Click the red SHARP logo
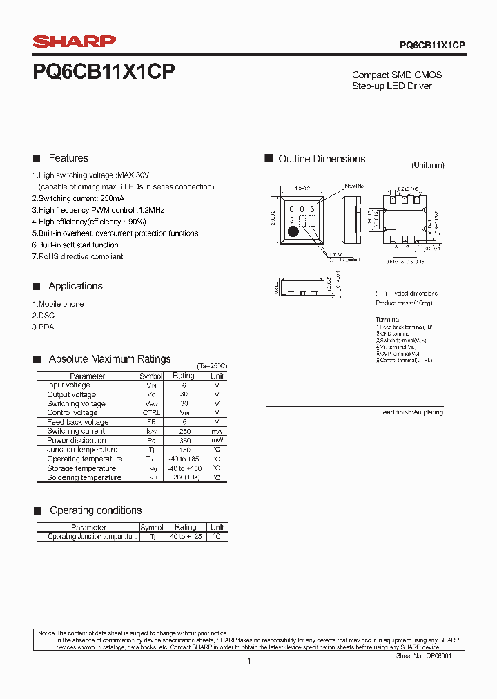[x=75, y=41]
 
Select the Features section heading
[x=68, y=158]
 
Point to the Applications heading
[x=75, y=286]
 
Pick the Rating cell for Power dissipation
[x=184, y=441]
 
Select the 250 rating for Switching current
[x=184, y=431]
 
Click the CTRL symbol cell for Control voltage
[x=150, y=413]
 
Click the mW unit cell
[x=217, y=441]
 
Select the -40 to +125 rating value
[x=185, y=537]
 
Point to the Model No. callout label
[x=354, y=186]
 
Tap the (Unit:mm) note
[x=428, y=166]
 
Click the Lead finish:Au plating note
[x=411, y=412]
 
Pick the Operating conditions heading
[x=95, y=510]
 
